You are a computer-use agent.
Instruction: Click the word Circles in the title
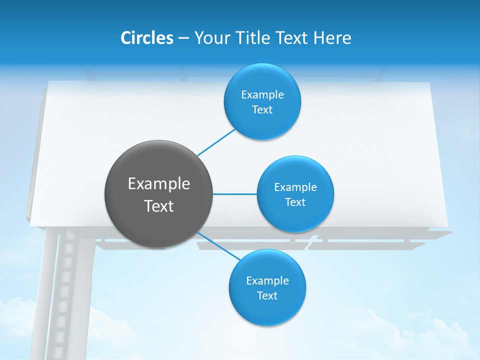tap(146, 37)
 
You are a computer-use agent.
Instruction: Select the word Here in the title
tap(332, 37)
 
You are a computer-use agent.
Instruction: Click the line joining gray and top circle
tap(216, 142)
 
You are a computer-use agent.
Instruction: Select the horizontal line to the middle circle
tap(235, 194)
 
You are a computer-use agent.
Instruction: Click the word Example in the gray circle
tap(159, 184)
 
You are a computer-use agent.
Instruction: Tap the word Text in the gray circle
tap(159, 206)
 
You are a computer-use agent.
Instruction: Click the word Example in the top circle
tap(262, 95)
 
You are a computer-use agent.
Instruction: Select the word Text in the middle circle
tap(295, 202)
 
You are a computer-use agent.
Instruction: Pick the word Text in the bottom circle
tap(267, 296)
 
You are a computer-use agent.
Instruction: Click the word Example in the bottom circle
tap(267, 281)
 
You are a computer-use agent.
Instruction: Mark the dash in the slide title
tap(183, 38)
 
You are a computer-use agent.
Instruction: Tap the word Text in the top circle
tap(262, 110)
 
